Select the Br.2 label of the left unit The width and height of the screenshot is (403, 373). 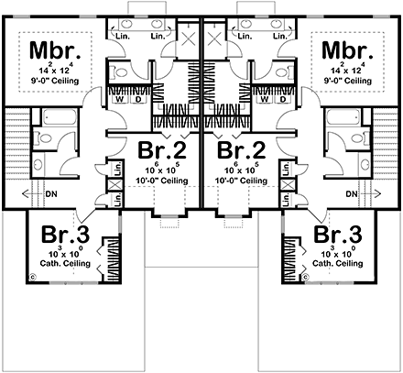pyautogui.click(x=163, y=150)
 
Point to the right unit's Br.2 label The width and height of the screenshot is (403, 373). pyautogui.click(x=240, y=150)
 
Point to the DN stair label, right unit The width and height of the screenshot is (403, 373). pyautogui.click(x=352, y=195)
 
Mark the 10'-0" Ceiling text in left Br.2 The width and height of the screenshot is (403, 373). pyautogui.click(x=163, y=181)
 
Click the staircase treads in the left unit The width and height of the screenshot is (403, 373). pyautogui.click(x=16, y=151)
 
